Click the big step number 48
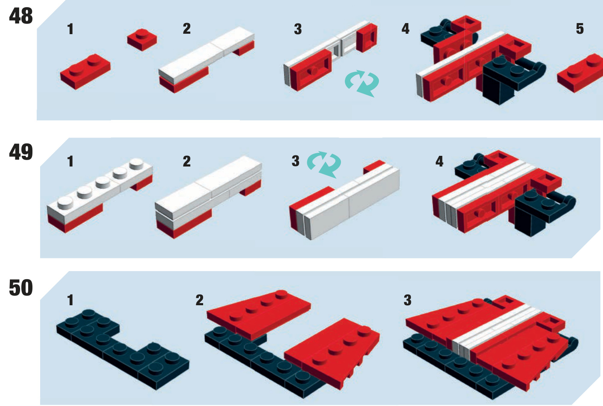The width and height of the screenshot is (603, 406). pos(21,16)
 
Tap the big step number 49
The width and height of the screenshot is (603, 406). pos(21,152)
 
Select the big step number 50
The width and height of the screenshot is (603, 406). pos(21,288)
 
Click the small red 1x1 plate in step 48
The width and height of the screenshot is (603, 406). pos(142,40)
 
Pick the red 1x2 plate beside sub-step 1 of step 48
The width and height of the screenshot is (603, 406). pos(85,71)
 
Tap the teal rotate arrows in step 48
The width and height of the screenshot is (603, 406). pos(361,83)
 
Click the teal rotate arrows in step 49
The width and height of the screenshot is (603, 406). pos(324,164)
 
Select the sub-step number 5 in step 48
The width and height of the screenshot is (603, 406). pos(580,29)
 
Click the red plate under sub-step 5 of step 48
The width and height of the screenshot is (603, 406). pos(580,73)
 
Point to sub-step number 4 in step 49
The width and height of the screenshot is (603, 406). pos(439,161)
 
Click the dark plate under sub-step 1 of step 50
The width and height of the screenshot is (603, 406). pos(122,350)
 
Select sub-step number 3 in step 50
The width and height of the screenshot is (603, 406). pos(408,300)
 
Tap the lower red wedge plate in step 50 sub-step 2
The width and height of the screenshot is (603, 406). pos(332,353)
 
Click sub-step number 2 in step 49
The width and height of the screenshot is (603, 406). pos(186,161)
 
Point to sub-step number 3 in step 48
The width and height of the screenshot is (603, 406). pos(298,29)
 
